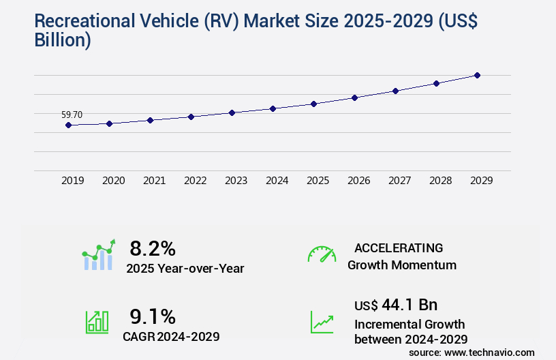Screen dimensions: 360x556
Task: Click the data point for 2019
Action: click(68, 125)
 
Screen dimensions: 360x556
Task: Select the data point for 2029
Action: click(478, 75)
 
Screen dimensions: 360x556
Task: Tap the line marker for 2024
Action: click(273, 108)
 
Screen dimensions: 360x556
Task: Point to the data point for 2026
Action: click(354, 97)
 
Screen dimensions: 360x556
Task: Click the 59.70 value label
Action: click(72, 115)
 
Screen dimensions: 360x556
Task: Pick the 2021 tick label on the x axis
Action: click(154, 181)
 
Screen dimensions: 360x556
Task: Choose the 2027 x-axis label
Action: click(399, 181)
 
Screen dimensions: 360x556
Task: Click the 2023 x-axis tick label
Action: click(236, 181)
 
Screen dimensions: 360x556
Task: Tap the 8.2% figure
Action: click(153, 247)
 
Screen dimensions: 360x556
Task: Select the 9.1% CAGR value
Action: click(153, 316)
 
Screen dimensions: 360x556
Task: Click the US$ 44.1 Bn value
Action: click(396, 304)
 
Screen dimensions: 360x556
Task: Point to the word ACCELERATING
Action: click(399, 247)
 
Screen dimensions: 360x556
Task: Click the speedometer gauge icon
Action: click(322, 254)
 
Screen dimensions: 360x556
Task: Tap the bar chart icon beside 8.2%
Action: click(98, 255)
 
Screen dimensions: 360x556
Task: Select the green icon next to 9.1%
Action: click(97, 322)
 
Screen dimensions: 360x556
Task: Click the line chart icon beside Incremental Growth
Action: click(322, 322)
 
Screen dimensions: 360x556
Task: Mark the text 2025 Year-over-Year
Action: click(185, 269)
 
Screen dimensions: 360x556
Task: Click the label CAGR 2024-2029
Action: click(171, 336)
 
